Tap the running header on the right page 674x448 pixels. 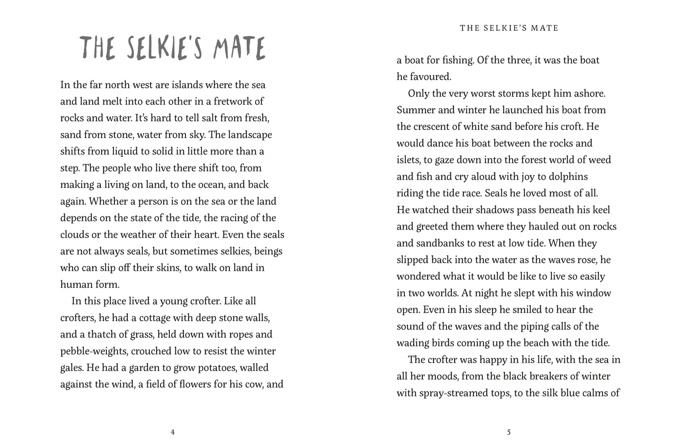point(509,28)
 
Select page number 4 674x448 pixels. point(173,432)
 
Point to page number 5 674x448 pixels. point(509,432)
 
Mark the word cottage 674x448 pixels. point(160,318)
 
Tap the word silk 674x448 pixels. point(551,393)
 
